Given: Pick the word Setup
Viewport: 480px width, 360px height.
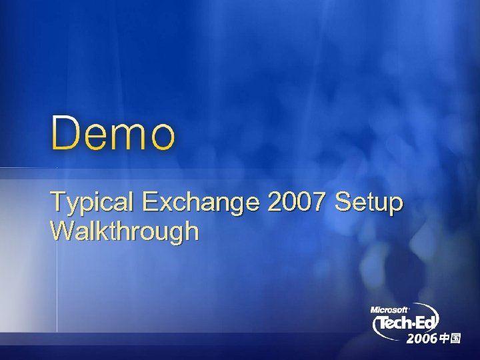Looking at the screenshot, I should (370, 201).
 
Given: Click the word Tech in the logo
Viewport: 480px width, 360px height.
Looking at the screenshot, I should (396, 325).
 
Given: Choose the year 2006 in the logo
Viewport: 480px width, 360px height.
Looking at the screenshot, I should (422, 339).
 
